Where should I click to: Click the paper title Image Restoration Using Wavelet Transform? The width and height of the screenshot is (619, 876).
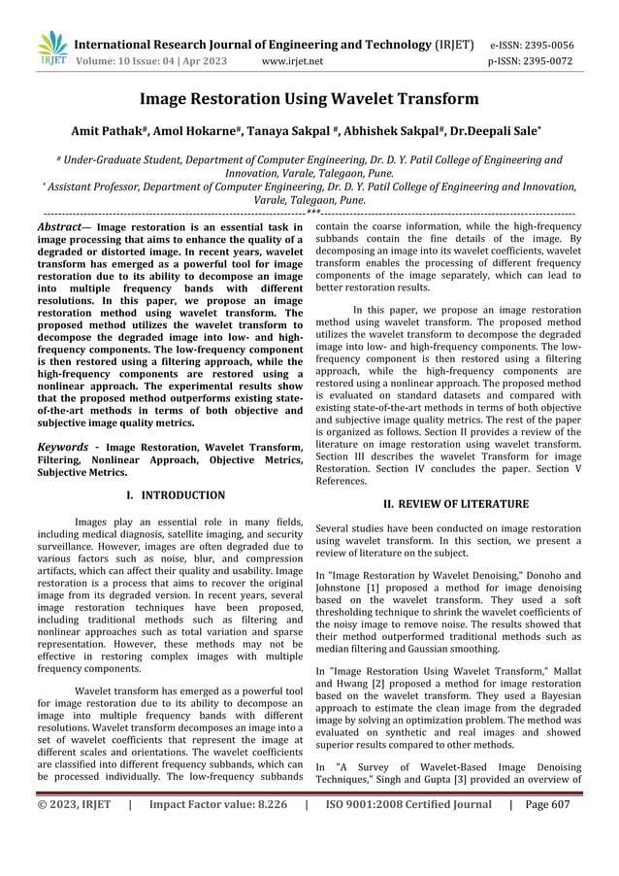pyautogui.click(x=309, y=99)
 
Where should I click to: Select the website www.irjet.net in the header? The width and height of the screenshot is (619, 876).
pyautogui.click(x=292, y=60)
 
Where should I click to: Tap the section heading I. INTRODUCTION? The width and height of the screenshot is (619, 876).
pyautogui.click(x=176, y=495)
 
